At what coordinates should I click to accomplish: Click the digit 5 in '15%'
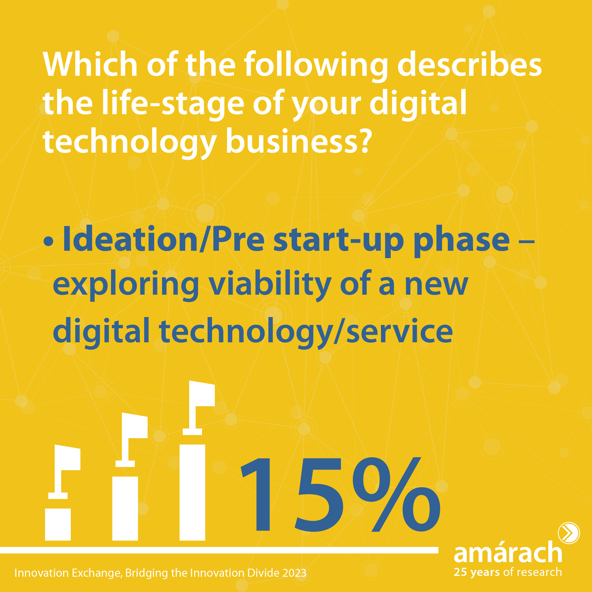coord(319,495)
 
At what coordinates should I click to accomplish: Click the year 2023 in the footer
coord(295,573)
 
